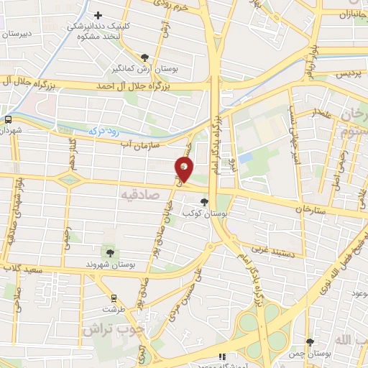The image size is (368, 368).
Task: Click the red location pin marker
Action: [185, 169]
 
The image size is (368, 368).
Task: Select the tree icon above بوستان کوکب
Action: [206, 202]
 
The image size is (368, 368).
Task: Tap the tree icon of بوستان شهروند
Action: [109, 252]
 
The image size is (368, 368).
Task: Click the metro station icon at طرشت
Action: [113, 297]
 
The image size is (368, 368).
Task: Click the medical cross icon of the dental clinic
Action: [98, 15]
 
